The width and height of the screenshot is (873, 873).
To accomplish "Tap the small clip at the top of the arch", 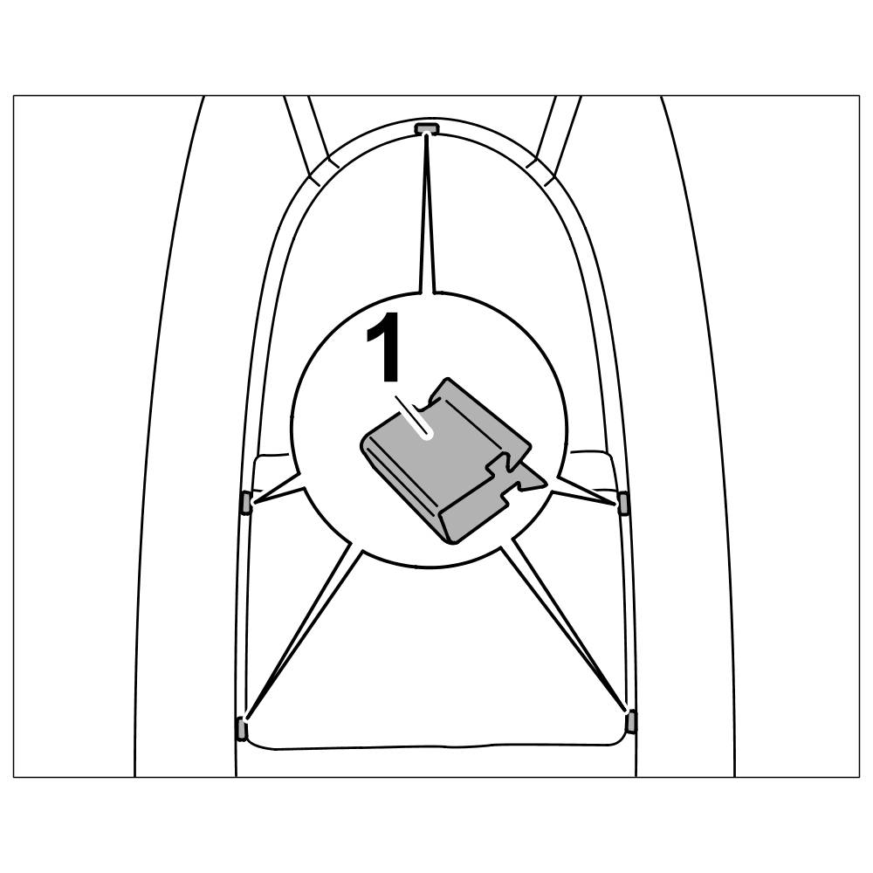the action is point(424,129).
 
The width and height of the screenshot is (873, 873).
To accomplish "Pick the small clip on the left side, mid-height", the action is point(246,503).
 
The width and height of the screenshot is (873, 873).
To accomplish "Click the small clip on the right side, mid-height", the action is point(623,503).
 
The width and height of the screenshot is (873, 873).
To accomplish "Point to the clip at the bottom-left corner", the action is point(241,727).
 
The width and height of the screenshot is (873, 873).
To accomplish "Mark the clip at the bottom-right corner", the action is point(631,721).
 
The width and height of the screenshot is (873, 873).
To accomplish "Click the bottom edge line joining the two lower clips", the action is point(436,746).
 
